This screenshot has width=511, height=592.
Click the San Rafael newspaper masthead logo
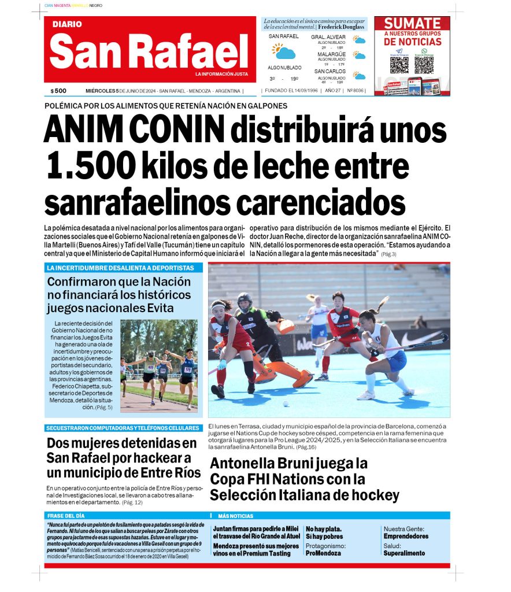(x=149, y=50)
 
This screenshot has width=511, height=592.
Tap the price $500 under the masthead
(x=58, y=91)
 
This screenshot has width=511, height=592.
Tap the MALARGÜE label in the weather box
(x=331, y=54)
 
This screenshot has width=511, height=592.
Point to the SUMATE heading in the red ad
(x=412, y=24)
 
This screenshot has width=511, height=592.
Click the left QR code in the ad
(x=399, y=64)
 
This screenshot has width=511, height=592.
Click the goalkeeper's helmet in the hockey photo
(x=245, y=301)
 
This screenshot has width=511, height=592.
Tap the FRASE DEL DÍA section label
(x=66, y=516)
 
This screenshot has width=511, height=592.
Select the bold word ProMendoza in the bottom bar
(x=323, y=553)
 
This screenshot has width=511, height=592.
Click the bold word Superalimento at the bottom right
(x=404, y=553)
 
